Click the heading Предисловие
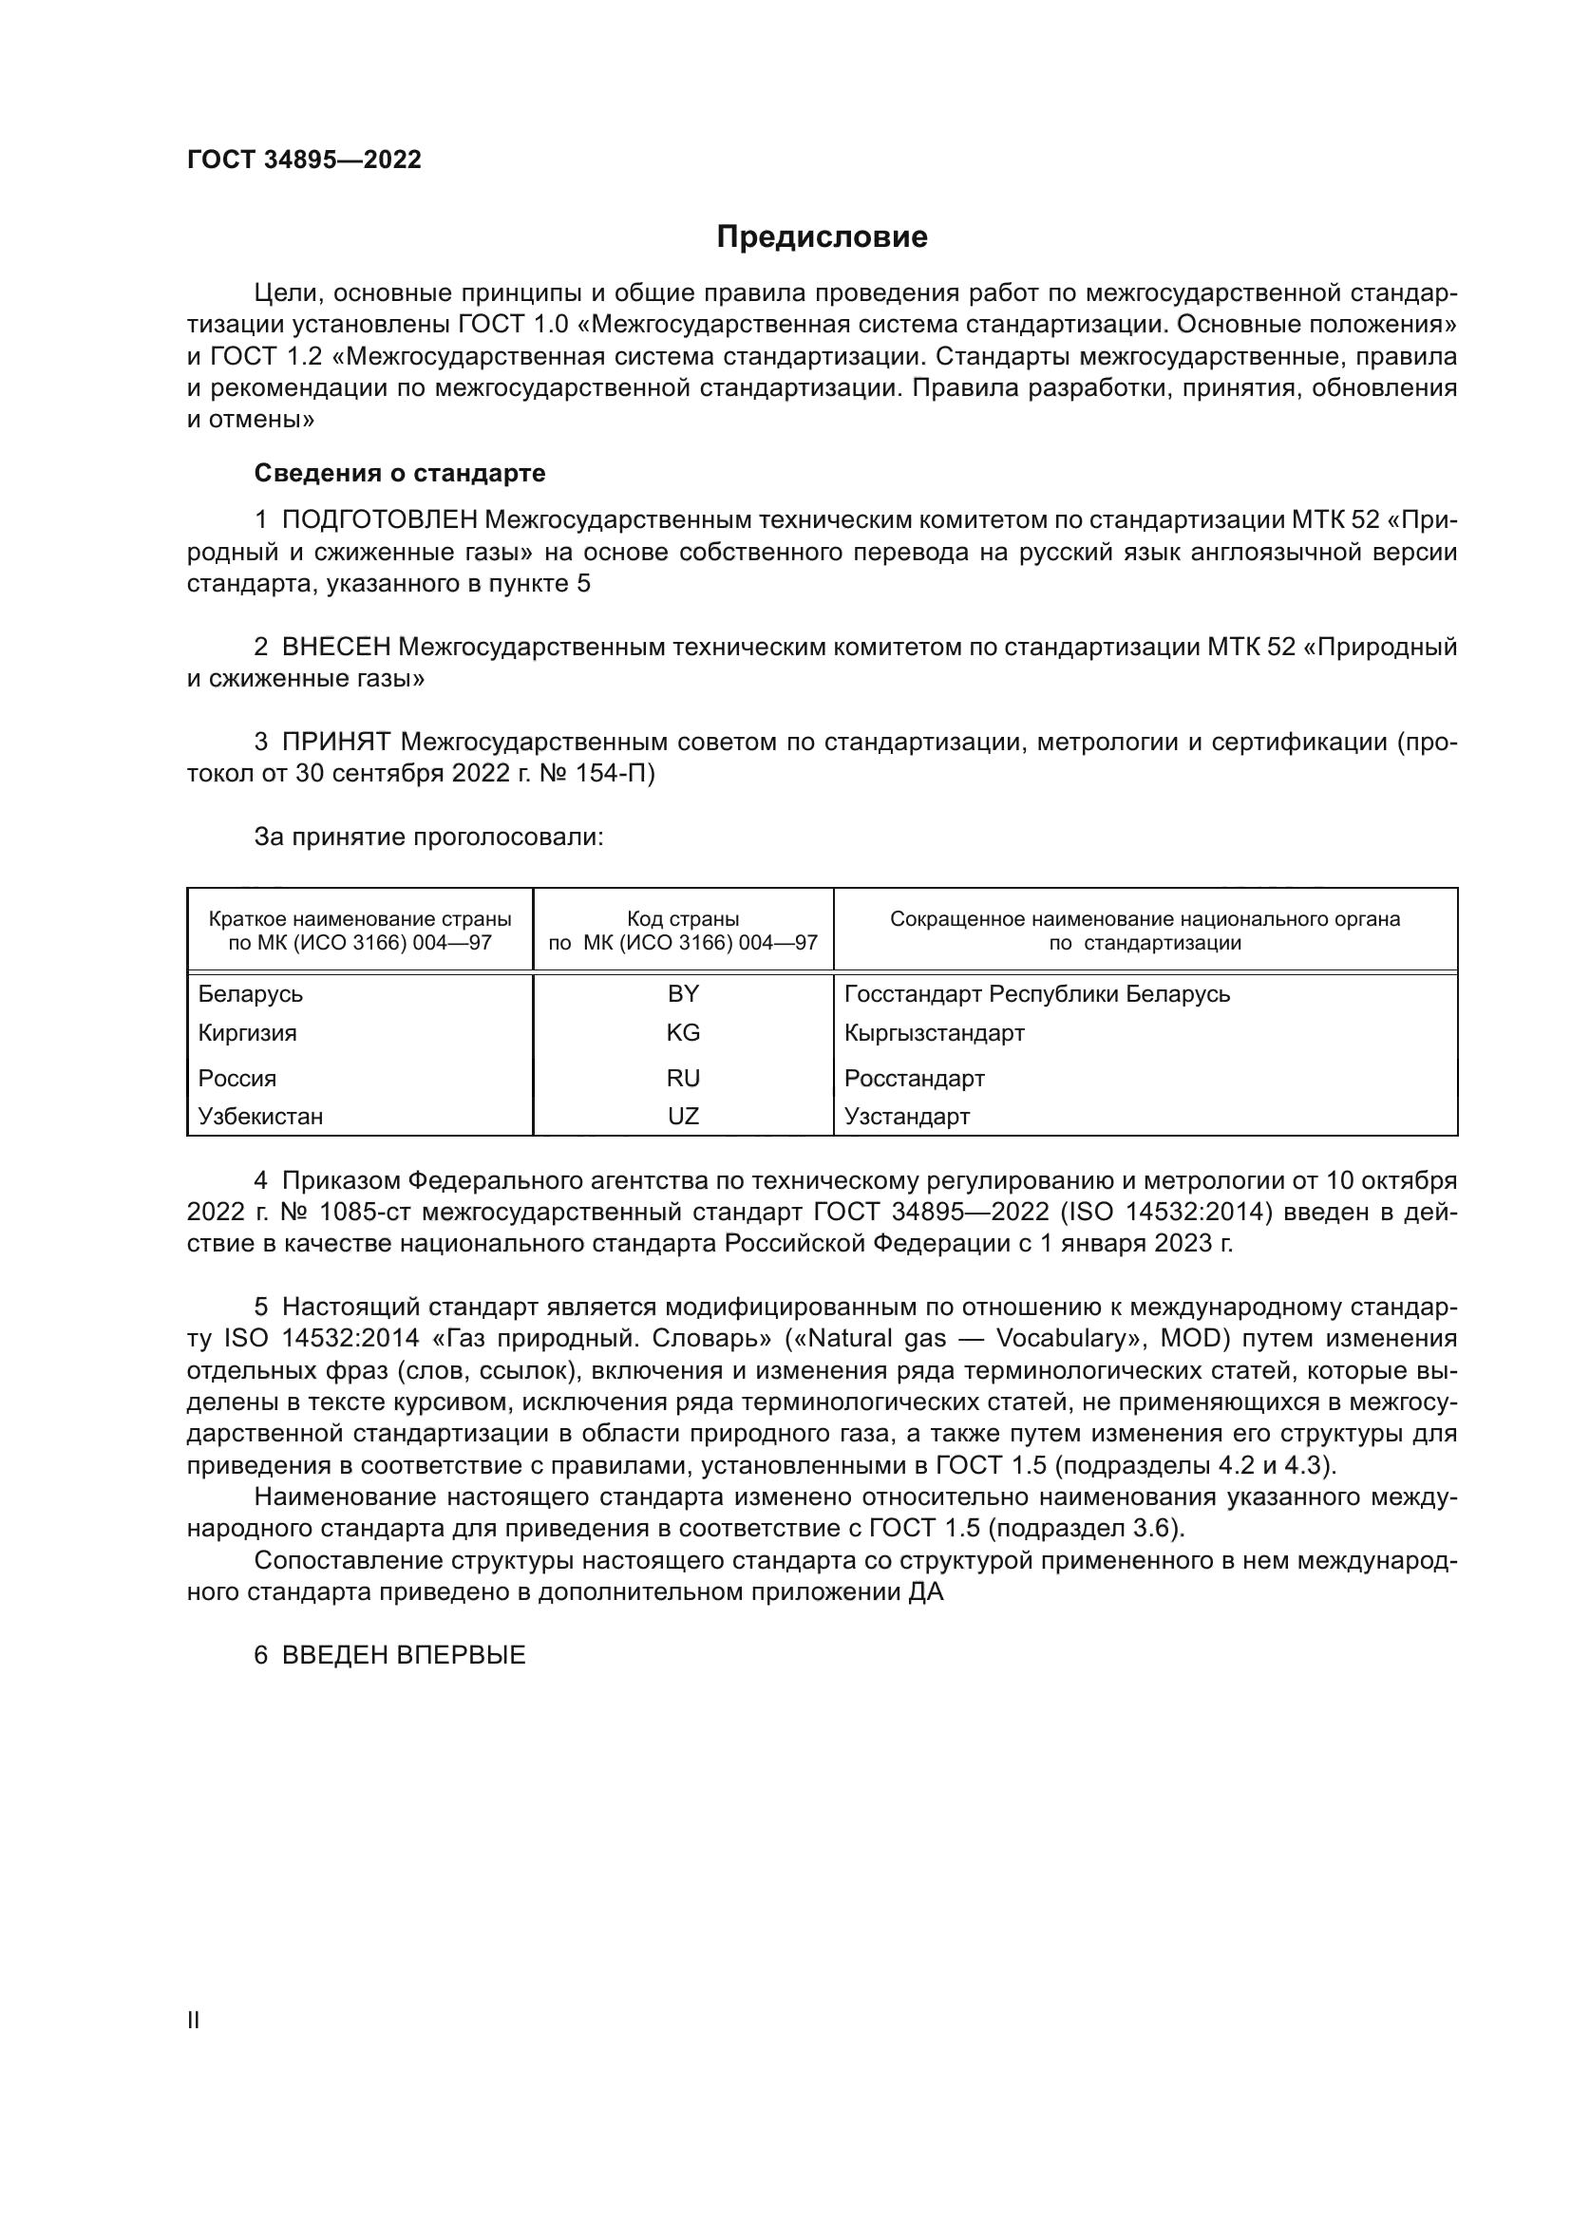click(x=822, y=237)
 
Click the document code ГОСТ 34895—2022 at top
click(x=304, y=160)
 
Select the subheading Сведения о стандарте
click(x=400, y=473)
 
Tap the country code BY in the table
click(x=683, y=993)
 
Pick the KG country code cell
click(x=683, y=1032)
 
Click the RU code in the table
click(x=683, y=1078)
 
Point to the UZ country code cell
click(x=683, y=1117)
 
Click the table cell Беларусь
click(x=250, y=993)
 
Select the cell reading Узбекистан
click(x=260, y=1117)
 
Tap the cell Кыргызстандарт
click(x=934, y=1032)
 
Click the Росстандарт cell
click(x=914, y=1078)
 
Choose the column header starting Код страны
click(x=683, y=930)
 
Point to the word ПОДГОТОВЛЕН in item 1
click(x=379, y=520)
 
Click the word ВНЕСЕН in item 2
click(x=335, y=648)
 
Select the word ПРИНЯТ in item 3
click(x=335, y=742)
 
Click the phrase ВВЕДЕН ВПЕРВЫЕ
click(x=404, y=1655)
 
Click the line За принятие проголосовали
click(x=428, y=837)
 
